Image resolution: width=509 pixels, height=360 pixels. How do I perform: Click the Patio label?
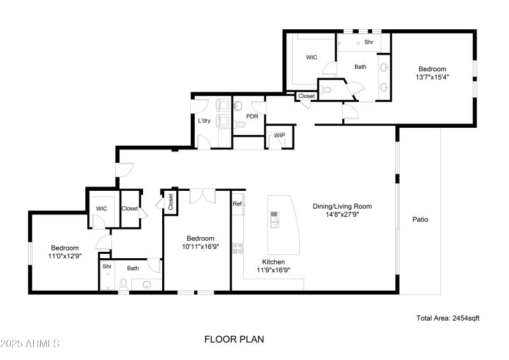point(419,219)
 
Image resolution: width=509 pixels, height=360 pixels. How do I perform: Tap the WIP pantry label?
point(279,135)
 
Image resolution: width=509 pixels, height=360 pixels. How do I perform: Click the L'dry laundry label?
point(204,120)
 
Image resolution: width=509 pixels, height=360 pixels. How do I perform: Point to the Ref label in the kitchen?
point(237,204)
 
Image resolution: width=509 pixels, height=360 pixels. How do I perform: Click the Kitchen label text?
point(274,261)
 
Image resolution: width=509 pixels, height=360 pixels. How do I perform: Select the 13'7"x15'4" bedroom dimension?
point(432,78)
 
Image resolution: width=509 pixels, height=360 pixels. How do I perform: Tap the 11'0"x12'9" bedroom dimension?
point(65,256)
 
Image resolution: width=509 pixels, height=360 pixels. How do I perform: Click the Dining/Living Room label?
point(342,206)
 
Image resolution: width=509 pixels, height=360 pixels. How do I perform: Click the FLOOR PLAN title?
point(234,340)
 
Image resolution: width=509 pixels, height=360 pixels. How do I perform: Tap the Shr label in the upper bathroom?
point(368,43)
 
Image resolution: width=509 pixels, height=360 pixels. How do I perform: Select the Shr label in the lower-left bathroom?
point(107,267)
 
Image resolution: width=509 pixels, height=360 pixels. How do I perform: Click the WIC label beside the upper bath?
point(311,57)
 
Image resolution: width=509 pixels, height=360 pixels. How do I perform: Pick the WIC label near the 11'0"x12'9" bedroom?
point(101,209)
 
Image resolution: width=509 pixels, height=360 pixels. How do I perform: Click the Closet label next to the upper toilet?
point(307,96)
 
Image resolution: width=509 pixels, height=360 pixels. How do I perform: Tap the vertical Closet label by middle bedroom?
point(171,202)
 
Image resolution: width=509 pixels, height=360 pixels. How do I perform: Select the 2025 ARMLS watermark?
point(30,343)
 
